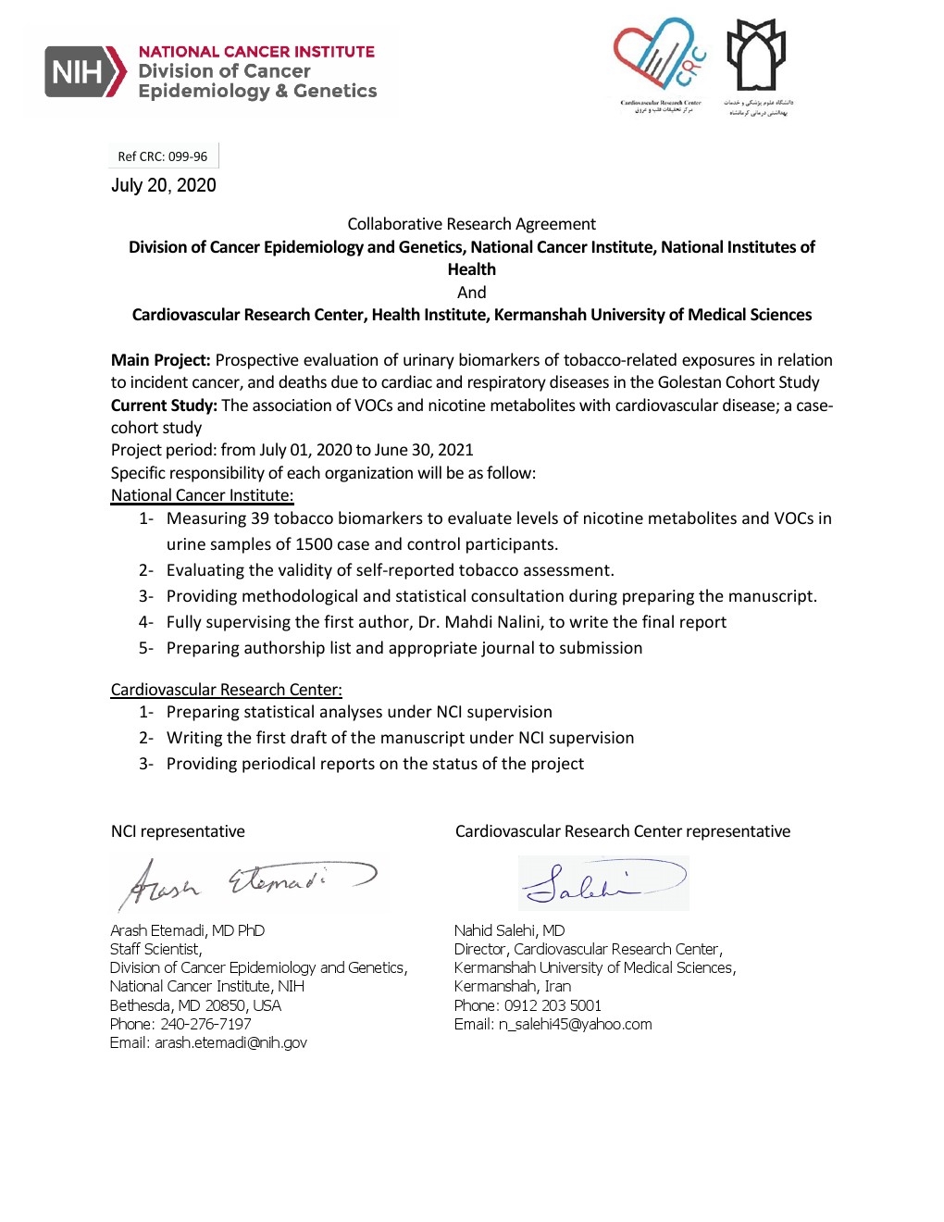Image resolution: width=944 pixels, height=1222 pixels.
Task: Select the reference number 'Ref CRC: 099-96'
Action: pos(163,156)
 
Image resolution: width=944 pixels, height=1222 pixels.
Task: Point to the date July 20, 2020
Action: pos(164,185)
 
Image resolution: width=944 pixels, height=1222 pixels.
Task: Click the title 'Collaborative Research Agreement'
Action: pos(471,224)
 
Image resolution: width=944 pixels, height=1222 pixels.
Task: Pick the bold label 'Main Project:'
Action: pos(161,360)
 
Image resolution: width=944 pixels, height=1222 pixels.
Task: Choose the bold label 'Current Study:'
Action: pos(164,405)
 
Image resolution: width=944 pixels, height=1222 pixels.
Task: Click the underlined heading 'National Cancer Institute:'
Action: pos(202,495)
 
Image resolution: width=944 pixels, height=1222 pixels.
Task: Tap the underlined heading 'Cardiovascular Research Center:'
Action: pos(226,690)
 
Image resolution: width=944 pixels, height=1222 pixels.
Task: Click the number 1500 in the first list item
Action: pos(314,544)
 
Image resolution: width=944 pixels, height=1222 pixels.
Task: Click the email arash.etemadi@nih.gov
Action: pos(230,1042)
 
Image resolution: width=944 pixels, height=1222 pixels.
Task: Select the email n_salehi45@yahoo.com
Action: pos(575,1024)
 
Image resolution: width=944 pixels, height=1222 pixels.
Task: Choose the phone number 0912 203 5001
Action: pos(553,1005)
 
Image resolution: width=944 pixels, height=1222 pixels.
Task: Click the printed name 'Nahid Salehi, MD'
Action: pos(509,930)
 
